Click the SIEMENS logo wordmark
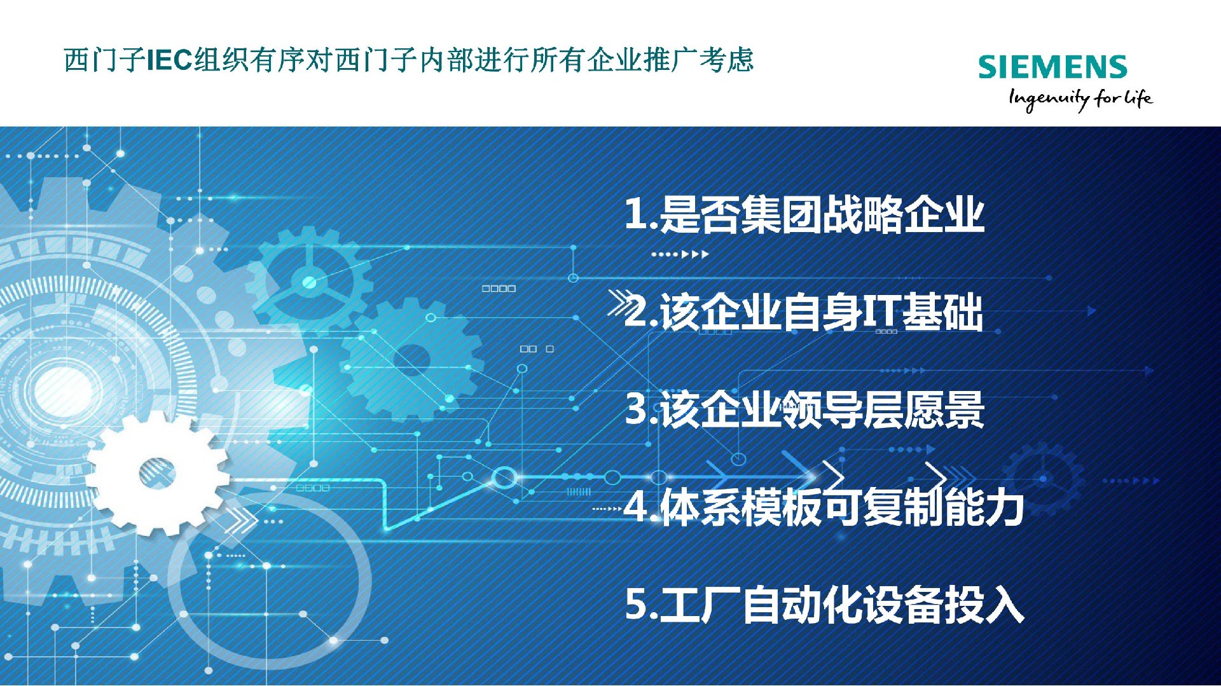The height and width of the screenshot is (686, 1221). pyautogui.click(x=1052, y=67)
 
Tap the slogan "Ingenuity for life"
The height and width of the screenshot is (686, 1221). pyautogui.click(x=1080, y=99)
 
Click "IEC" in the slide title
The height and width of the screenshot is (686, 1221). pyautogui.click(x=170, y=60)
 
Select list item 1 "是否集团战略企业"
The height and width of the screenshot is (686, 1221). pyautogui.click(x=804, y=214)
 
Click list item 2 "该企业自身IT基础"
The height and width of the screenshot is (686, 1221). pyautogui.click(x=804, y=312)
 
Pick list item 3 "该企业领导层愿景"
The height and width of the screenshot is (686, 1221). pyautogui.click(x=805, y=409)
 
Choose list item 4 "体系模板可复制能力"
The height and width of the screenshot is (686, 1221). pyautogui.click(x=824, y=507)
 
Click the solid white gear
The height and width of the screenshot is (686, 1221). pyautogui.click(x=157, y=472)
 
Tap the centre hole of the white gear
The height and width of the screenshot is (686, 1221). pyautogui.click(x=156, y=472)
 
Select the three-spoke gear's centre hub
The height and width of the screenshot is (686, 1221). pyautogui.click(x=310, y=282)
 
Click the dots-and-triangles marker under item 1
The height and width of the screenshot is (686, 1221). pyautogui.click(x=680, y=254)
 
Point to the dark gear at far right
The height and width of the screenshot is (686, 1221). pyautogui.click(x=1043, y=479)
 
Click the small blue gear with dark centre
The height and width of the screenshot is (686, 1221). pyautogui.click(x=412, y=360)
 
